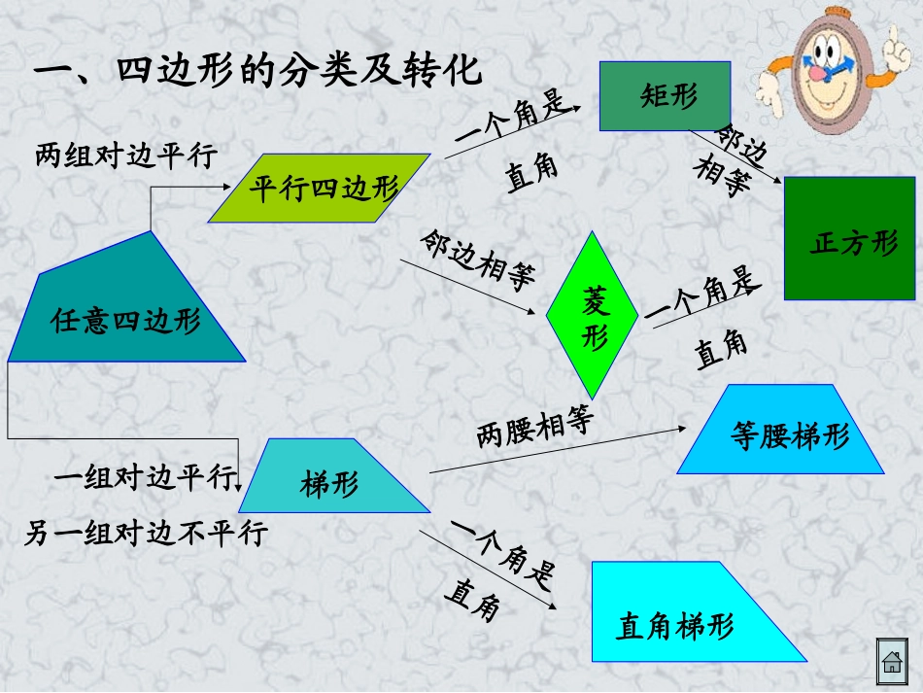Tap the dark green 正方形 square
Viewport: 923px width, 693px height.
pyautogui.click(x=850, y=239)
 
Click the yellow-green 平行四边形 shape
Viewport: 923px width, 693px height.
pyautogui.click(x=319, y=188)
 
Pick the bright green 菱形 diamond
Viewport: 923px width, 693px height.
pyautogui.click(x=592, y=316)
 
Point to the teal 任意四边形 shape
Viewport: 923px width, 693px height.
pyautogui.click(x=126, y=311)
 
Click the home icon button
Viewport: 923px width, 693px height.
pyautogui.click(x=891, y=663)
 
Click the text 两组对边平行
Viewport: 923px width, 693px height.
pyautogui.click(x=125, y=155)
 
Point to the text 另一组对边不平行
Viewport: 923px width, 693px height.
pyautogui.click(x=145, y=533)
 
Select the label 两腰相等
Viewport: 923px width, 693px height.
pyautogui.click(x=535, y=426)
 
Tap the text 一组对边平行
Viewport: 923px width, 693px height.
pyautogui.click(x=145, y=477)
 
